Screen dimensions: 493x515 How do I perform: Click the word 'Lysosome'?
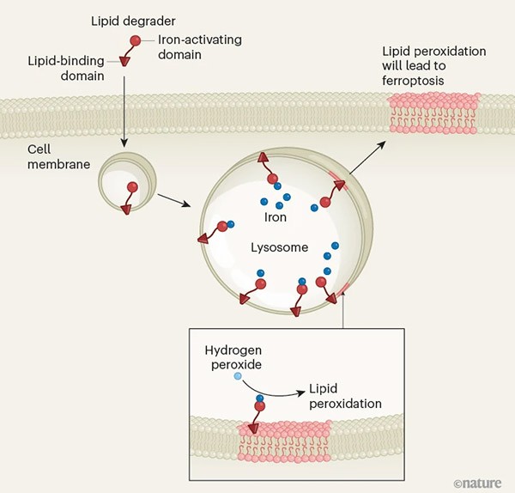pos(276,246)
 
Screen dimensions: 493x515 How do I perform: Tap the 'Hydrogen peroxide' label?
pos(233,360)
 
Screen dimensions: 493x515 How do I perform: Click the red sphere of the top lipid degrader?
pos(135,40)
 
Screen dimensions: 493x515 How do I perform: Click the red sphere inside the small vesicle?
pos(132,186)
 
